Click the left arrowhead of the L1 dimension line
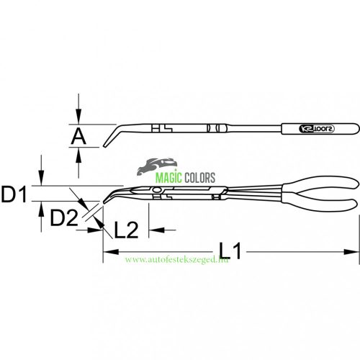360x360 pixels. tap(109, 252)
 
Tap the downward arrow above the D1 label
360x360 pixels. tap(43, 179)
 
